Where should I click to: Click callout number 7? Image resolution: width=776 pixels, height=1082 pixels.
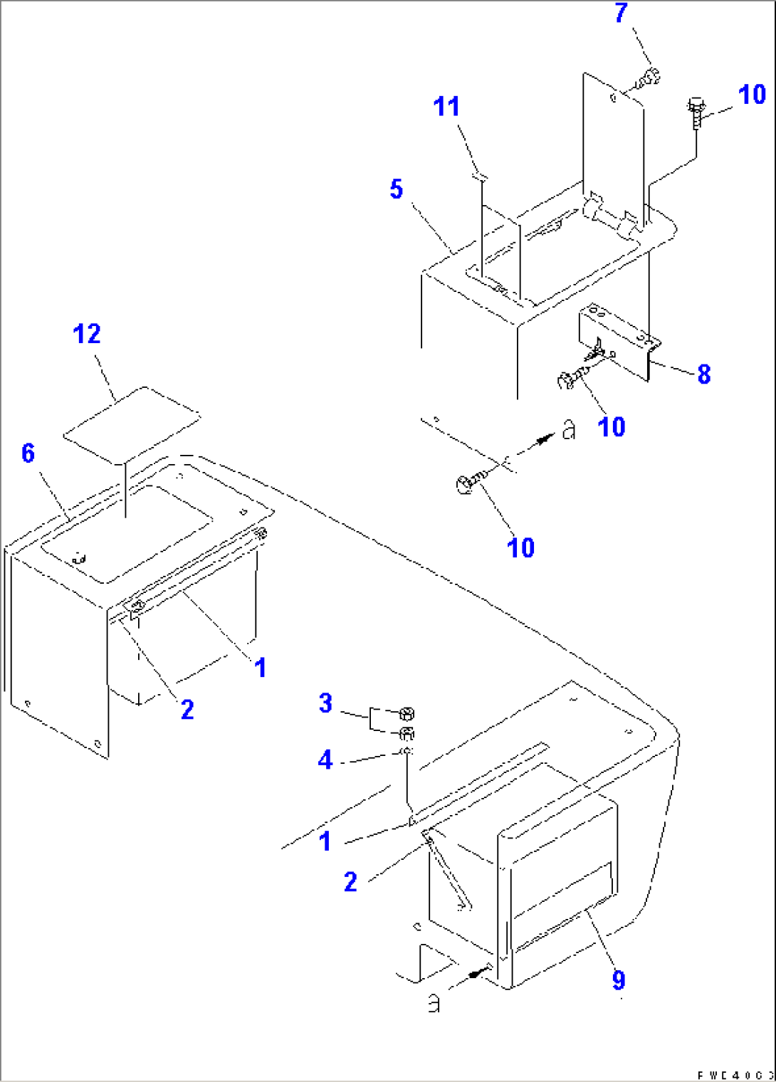[622, 13]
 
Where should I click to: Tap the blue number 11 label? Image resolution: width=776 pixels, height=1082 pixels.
[446, 107]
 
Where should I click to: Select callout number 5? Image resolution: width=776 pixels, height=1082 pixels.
[397, 189]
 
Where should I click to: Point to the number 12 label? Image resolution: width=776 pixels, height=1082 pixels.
[87, 334]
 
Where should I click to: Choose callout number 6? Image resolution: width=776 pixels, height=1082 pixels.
[28, 453]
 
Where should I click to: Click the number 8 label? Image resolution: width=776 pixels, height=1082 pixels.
[703, 374]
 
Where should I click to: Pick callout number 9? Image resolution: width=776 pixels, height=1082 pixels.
[618, 980]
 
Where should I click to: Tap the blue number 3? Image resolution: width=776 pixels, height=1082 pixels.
[325, 703]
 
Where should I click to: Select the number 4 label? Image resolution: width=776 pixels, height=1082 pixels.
[325, 760]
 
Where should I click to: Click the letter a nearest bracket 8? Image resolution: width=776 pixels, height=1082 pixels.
[568, 430]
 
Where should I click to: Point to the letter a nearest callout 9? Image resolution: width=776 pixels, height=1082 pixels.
[434, 1003]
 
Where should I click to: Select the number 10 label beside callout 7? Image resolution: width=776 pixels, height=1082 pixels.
[751, 95]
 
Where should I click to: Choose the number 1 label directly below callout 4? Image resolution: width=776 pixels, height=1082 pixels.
[325, 841]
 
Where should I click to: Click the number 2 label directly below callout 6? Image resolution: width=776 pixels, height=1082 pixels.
[187, 709]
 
